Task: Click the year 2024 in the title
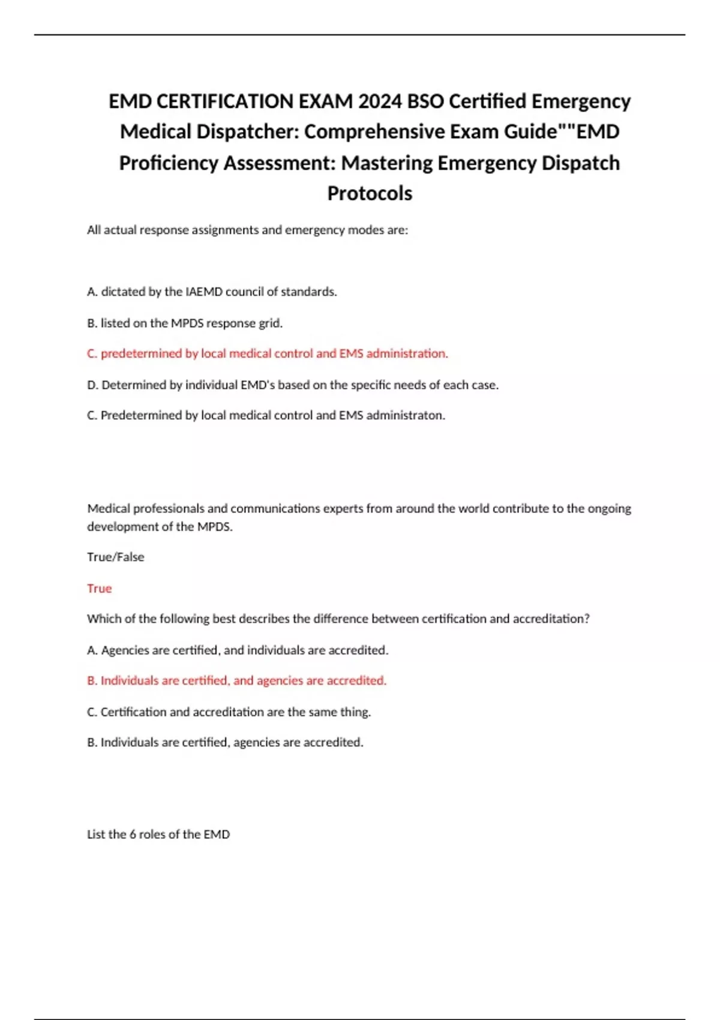pos(380,101)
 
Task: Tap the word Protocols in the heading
pos(370,193)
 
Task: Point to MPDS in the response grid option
pos(187,323)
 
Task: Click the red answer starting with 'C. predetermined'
pos(267,353)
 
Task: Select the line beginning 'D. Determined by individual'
pos(292,385)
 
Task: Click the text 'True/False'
pos(115,557)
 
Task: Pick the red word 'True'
pos(99,588)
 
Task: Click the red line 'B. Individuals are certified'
pos(236,680)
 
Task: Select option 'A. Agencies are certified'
pos(238,650)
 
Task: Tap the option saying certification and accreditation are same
pos(229,712)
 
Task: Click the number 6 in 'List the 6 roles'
pos(133,834)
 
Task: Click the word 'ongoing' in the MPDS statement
pos(609,508)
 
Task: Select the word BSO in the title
pos(425,101)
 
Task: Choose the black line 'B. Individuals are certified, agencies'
pos(225,742)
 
